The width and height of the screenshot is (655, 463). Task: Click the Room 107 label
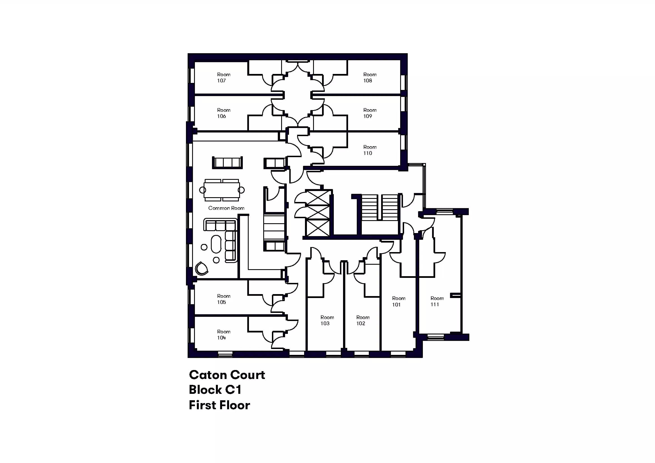pyautogui.click(x=224, y=77)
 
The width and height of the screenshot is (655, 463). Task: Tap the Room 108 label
pyautogui.click(x=370, y=77)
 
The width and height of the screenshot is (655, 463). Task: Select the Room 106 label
pyautogui.click(x=224, y=113)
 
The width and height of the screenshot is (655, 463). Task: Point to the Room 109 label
pyautogui.click(x=370, y=113)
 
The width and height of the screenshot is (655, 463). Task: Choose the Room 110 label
pyautogui.click(x=370, y=150)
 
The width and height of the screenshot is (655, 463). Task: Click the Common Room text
pyautogui.click(x=226, y=208)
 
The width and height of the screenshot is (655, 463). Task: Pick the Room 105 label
pyautogui.click(x=224, y=299)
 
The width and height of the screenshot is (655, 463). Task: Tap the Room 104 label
pyautogui.click(x=224, y=335)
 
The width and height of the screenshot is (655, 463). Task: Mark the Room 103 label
pyautogui.click(x=327, y=320)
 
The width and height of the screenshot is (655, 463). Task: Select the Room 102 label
pyautogui.click(x=363, y=320)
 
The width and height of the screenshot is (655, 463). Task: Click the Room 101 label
pyautogui.click(x=398, y=301)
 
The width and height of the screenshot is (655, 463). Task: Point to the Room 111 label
pyautogui.click(x=437, y=301)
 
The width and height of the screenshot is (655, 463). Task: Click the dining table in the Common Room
pyautogui.click(x=222, y=190)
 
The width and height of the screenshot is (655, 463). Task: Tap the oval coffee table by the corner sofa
pyautogui.click(x=216, y=244)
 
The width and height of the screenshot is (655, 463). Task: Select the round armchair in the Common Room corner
pyautogui.click(x=201, y=268)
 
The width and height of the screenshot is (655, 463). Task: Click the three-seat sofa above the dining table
pyautogui.click(x=227, y=163)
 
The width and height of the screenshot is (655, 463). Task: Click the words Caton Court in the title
pyautogui.click(x=227, y=375)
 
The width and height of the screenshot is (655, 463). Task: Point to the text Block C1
pyautogui.click(x=215, y=390)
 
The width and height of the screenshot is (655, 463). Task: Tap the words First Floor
pyautogui.click(x=219, y=405)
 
